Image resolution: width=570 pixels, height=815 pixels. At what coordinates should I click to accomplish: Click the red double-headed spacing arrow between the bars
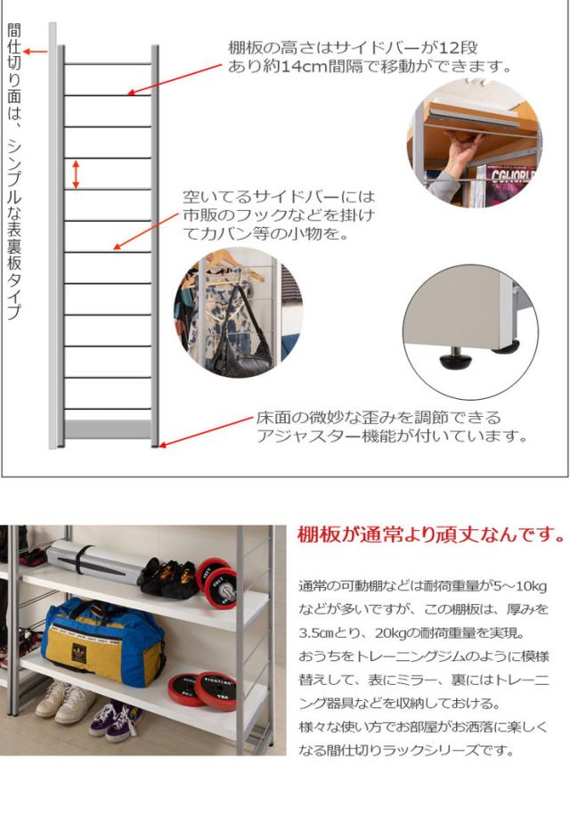coord(77,174)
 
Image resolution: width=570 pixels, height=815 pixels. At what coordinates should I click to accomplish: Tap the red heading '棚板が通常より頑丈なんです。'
coord(430,535)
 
